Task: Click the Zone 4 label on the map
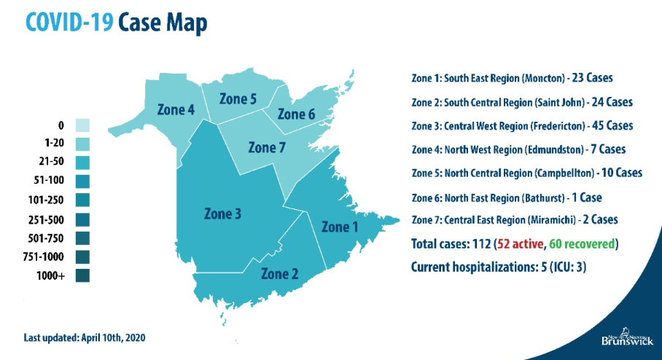click(x=176, y=110)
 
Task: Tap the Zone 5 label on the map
click(x=238, y=99)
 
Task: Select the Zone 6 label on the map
click(x=296, y=114)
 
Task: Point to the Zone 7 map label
click(x=268, y=147)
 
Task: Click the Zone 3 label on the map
click(x=223, y=214)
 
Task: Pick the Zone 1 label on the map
click(x=340, y=227)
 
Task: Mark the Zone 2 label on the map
click(x=280, y=274)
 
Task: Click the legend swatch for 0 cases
click(x=82, y=125)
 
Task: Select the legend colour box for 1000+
click(x=82, y=275)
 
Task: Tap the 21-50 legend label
click(x=51, y=163)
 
